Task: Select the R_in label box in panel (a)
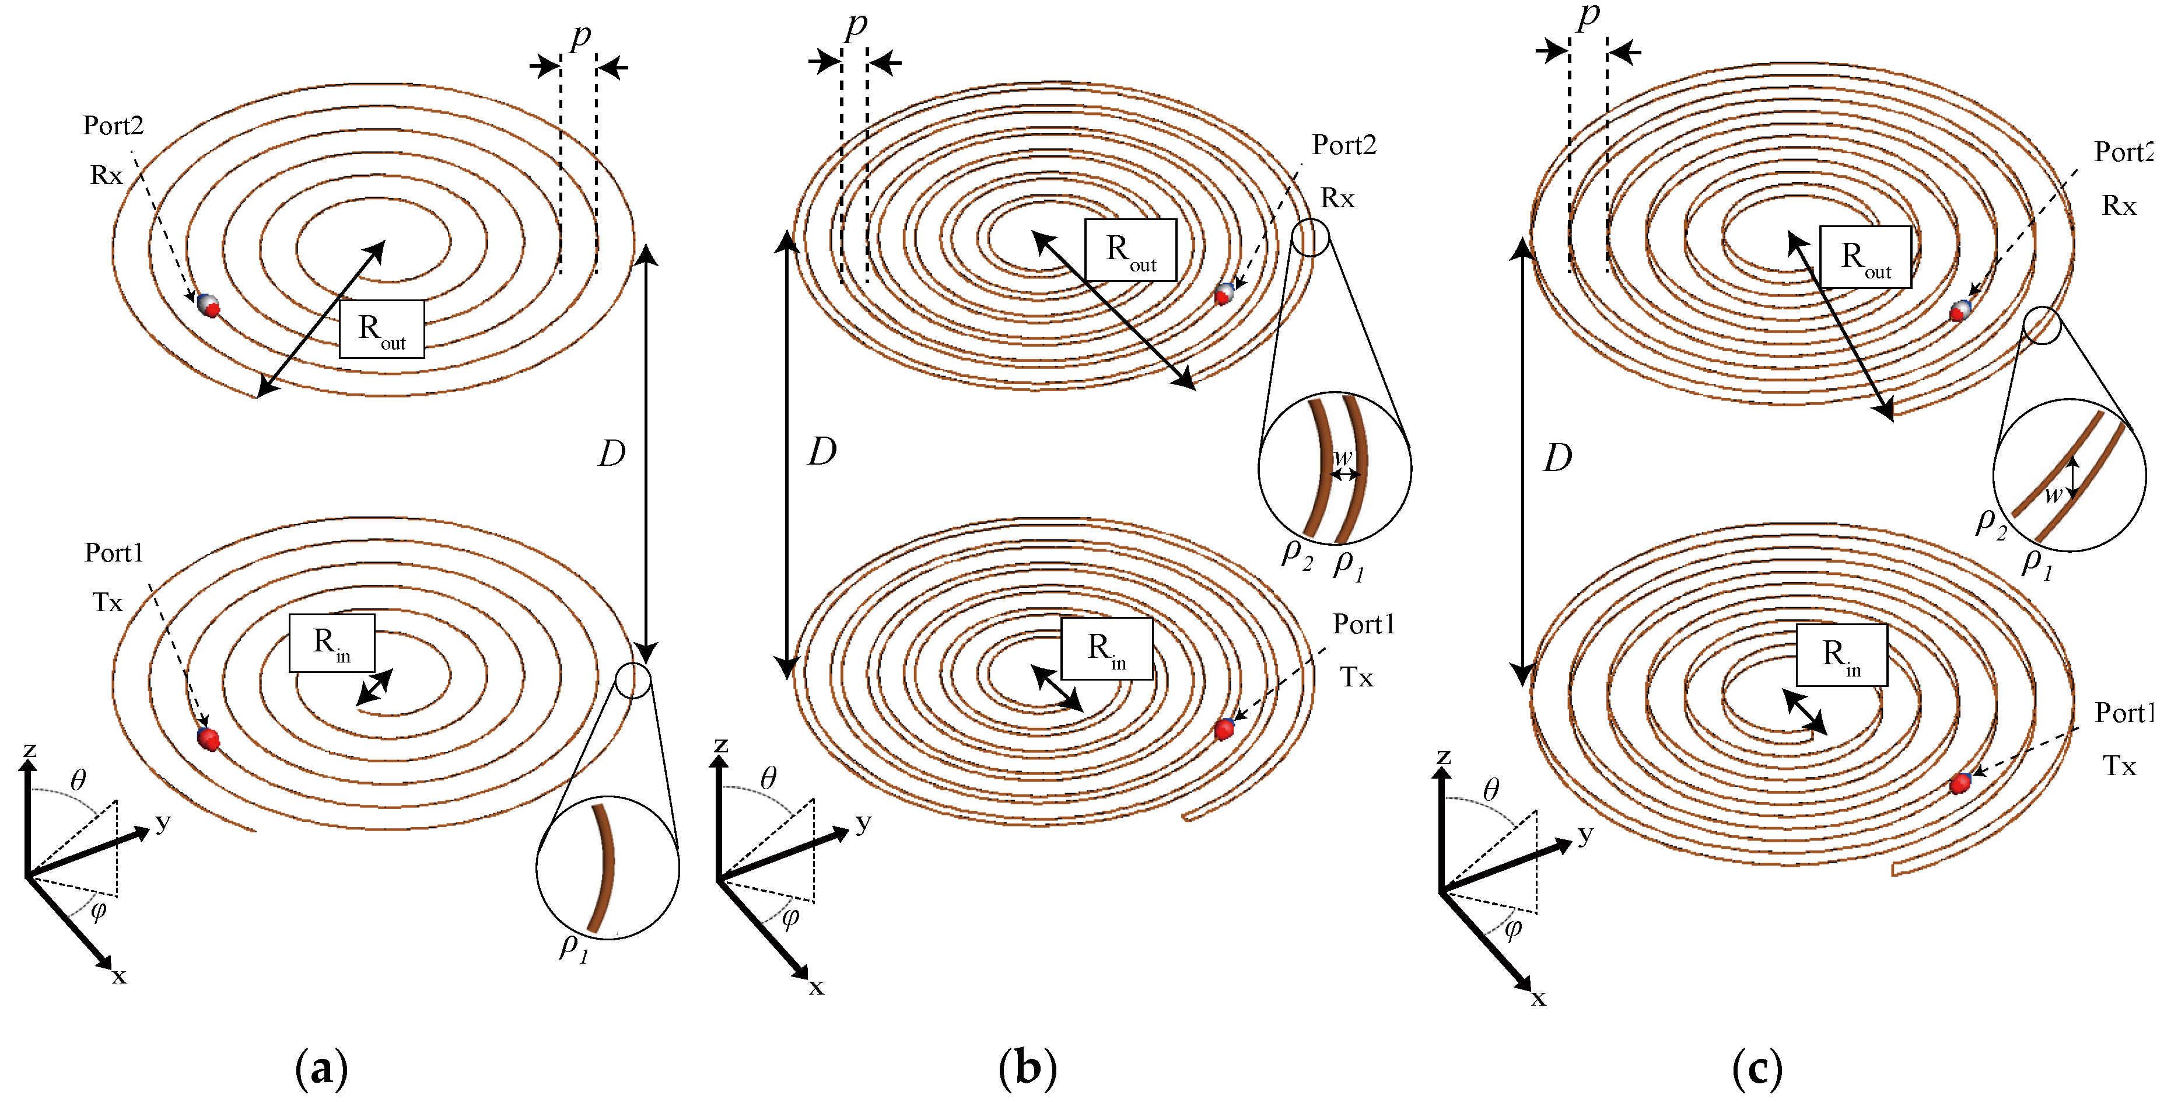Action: click(331, 643)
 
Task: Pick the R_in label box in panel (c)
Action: click(1841, 655)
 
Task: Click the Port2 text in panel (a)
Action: click(113, 125)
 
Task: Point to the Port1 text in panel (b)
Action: click(1363, 625)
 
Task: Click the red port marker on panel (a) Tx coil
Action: click(208, 740)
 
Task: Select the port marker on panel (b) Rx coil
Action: click(1224, 294)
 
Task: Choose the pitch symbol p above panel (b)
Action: click(856, 25)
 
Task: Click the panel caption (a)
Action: click(321, 1069)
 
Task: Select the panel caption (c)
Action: click(1757, 1069)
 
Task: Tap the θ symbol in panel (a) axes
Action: click(78, 779)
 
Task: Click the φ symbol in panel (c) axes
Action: click(1513, 929)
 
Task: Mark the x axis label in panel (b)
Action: click(816, 986)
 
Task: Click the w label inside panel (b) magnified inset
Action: click(1342, 458)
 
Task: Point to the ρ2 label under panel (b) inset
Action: click(1296, 554)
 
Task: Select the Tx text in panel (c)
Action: click(2119, 766)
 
